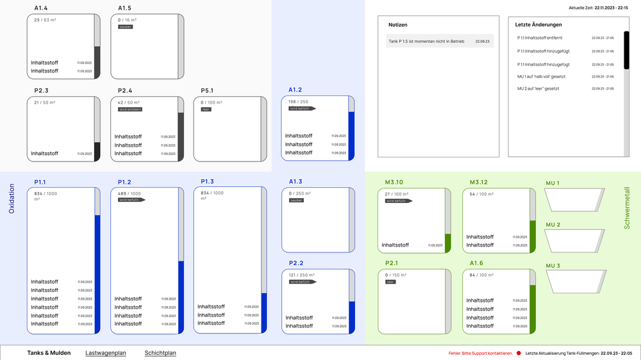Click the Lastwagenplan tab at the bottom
105,353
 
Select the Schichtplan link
160,353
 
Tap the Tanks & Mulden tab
49,353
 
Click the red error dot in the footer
519,353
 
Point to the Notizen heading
398,24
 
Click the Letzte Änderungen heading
538,24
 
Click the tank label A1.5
124,8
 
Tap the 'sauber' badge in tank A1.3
296,200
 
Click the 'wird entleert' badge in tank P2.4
130,110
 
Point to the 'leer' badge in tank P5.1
206,110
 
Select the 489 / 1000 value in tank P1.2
129,193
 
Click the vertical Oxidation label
12,199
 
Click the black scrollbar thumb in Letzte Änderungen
627,51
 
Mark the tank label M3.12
478,182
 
